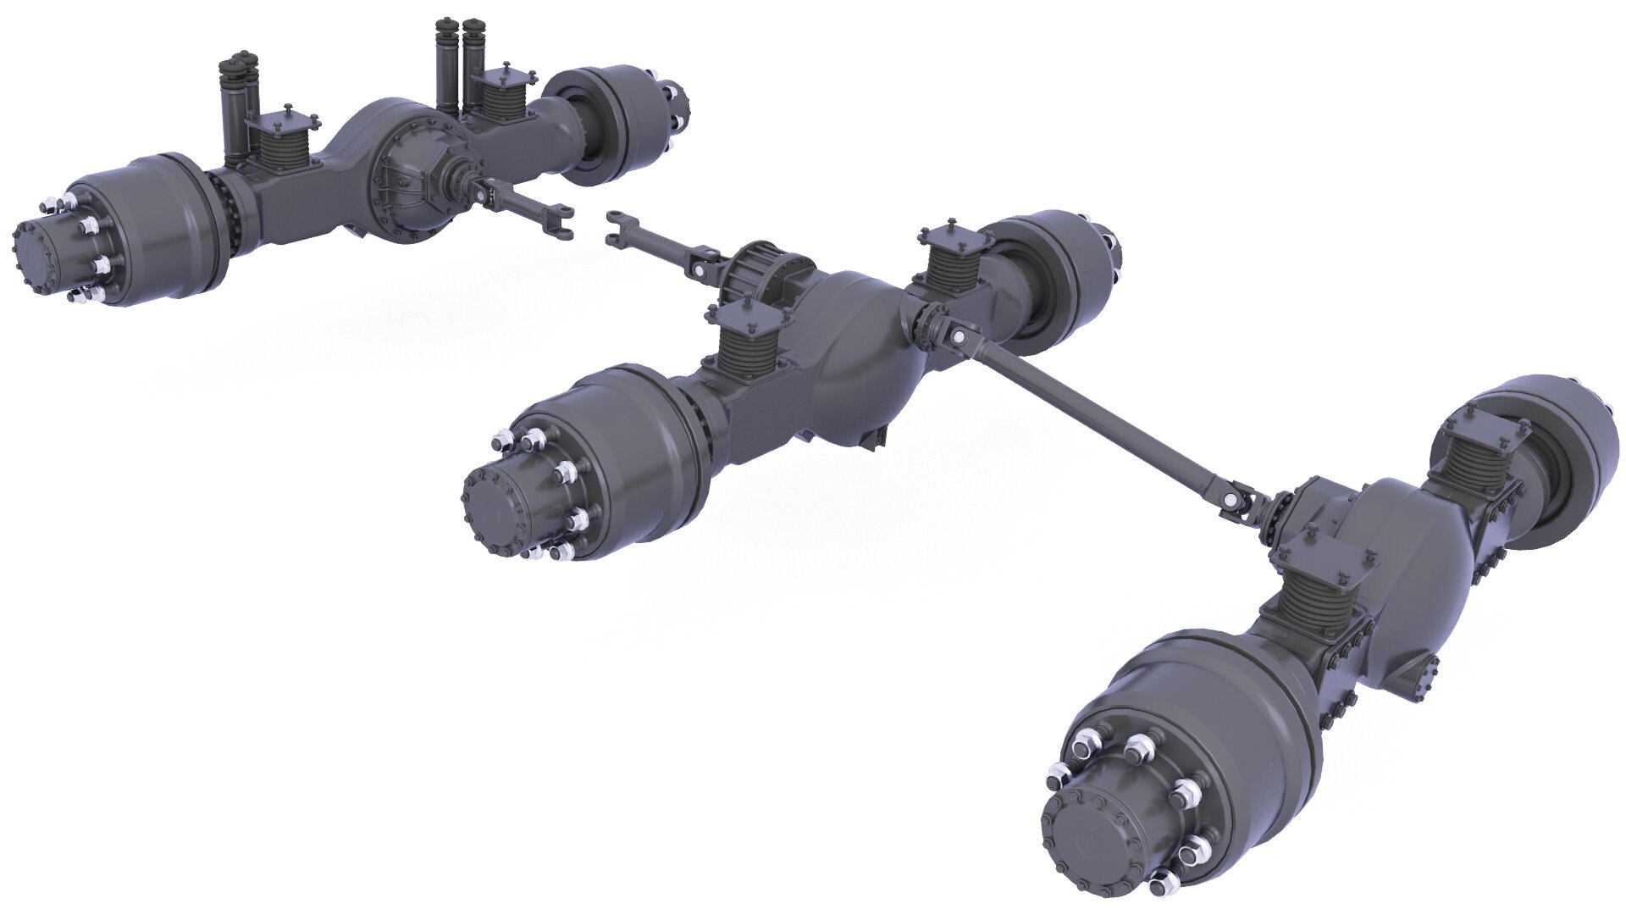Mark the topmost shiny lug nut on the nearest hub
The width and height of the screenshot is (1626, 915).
tap(1140, 746)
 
